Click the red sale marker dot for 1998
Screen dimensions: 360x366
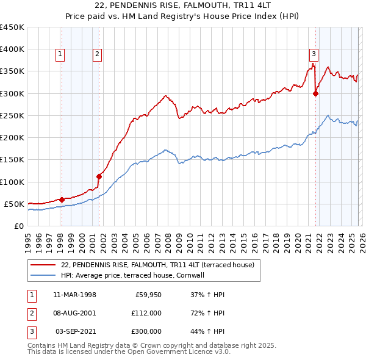[62, 199]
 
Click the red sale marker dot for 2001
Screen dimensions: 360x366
[98, 176]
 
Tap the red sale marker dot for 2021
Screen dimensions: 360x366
[315, 93]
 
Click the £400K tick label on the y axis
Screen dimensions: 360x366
[12, 49]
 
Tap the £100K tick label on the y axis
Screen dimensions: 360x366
[12, 182]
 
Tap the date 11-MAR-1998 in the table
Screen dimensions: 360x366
[74, 294]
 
